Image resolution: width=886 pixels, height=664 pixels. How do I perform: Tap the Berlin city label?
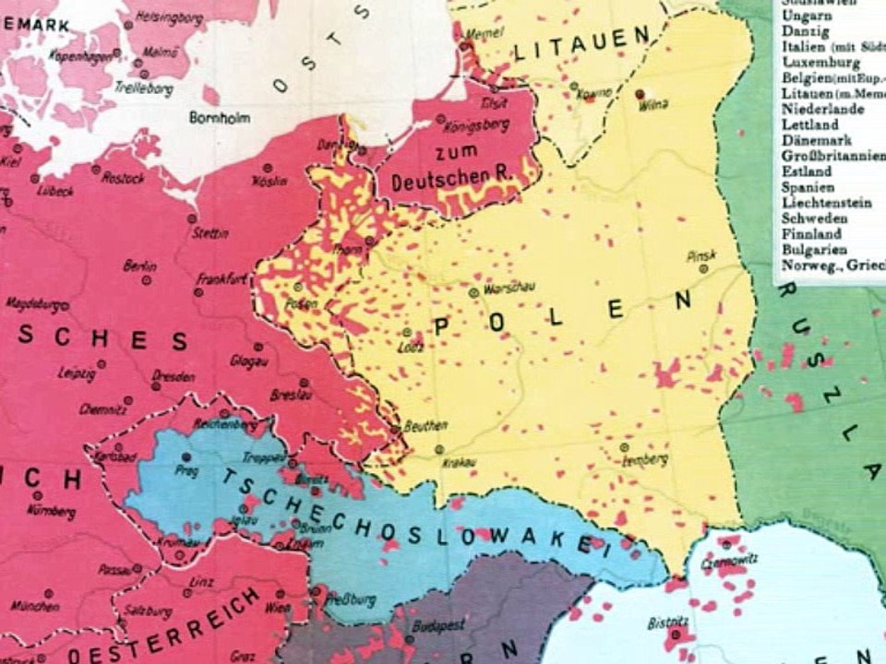(139, 265)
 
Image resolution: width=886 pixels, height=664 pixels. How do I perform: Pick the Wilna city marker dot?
(640, 94)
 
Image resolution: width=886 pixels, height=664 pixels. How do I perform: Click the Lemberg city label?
(645, 459)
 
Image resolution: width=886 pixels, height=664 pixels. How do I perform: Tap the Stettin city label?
(211, 233)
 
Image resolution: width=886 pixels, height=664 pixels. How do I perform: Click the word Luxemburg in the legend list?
(820, 62)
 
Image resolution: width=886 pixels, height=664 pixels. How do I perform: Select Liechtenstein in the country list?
(826, 203)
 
